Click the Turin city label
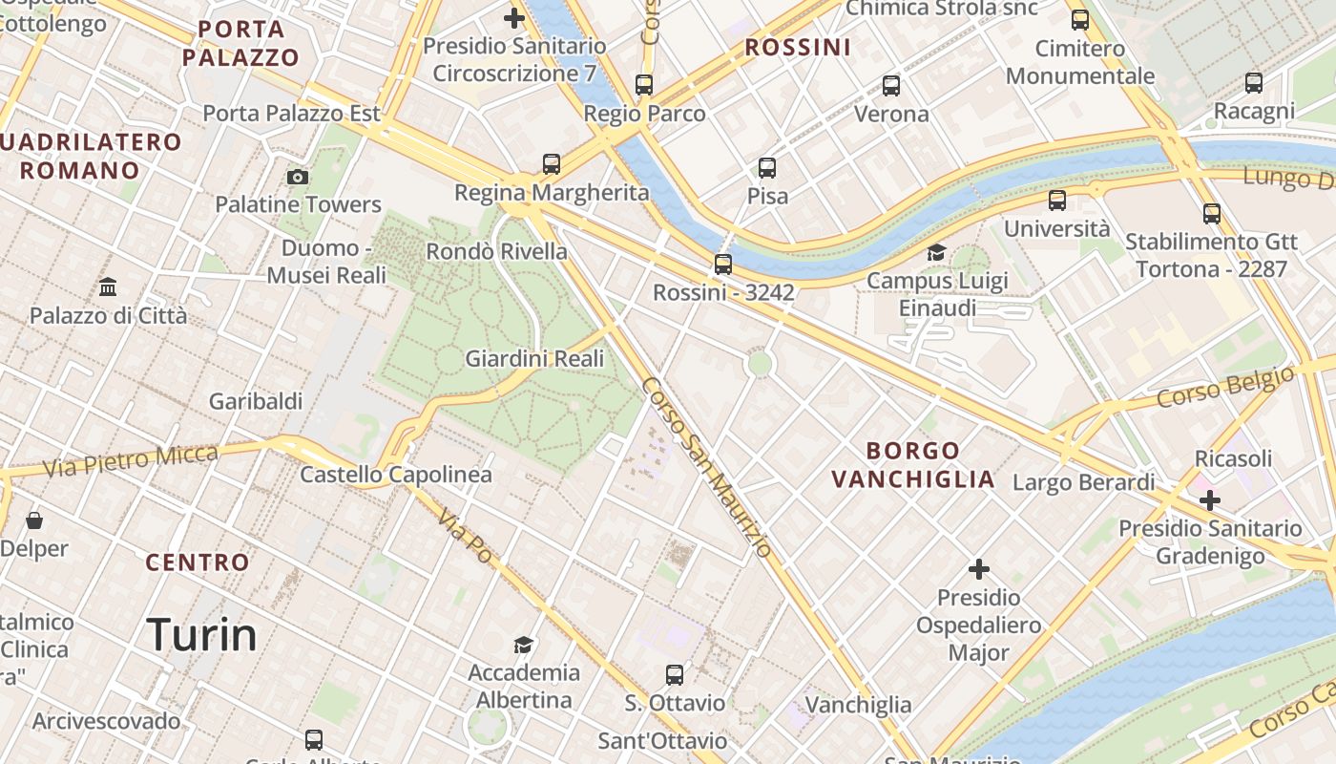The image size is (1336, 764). coord(201,635)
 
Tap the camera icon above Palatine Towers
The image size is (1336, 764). coord(298,177)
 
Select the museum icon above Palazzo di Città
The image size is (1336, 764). coord(108,286)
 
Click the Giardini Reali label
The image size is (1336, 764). coord(534,359)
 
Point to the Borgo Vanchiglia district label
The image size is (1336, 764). coord(913,464)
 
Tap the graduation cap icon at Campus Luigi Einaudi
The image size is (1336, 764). coord(936,252)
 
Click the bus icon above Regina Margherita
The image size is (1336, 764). coord(552,163)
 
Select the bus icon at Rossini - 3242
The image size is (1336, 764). coord(723,265)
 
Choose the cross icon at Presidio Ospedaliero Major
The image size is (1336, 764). coord(978,569)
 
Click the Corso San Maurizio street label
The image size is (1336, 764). coord(706,467)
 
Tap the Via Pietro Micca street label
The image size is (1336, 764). coord(131,460)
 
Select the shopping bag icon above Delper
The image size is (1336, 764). coord(34,520)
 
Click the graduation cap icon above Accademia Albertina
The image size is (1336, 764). coord(523,645)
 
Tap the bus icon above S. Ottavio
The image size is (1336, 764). coord(675,675)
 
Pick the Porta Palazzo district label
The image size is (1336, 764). coord(240,43)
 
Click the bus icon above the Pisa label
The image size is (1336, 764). coord(767,168)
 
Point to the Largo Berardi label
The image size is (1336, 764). coord(1083,482)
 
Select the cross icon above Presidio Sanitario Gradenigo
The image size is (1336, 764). coord(1210,499)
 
